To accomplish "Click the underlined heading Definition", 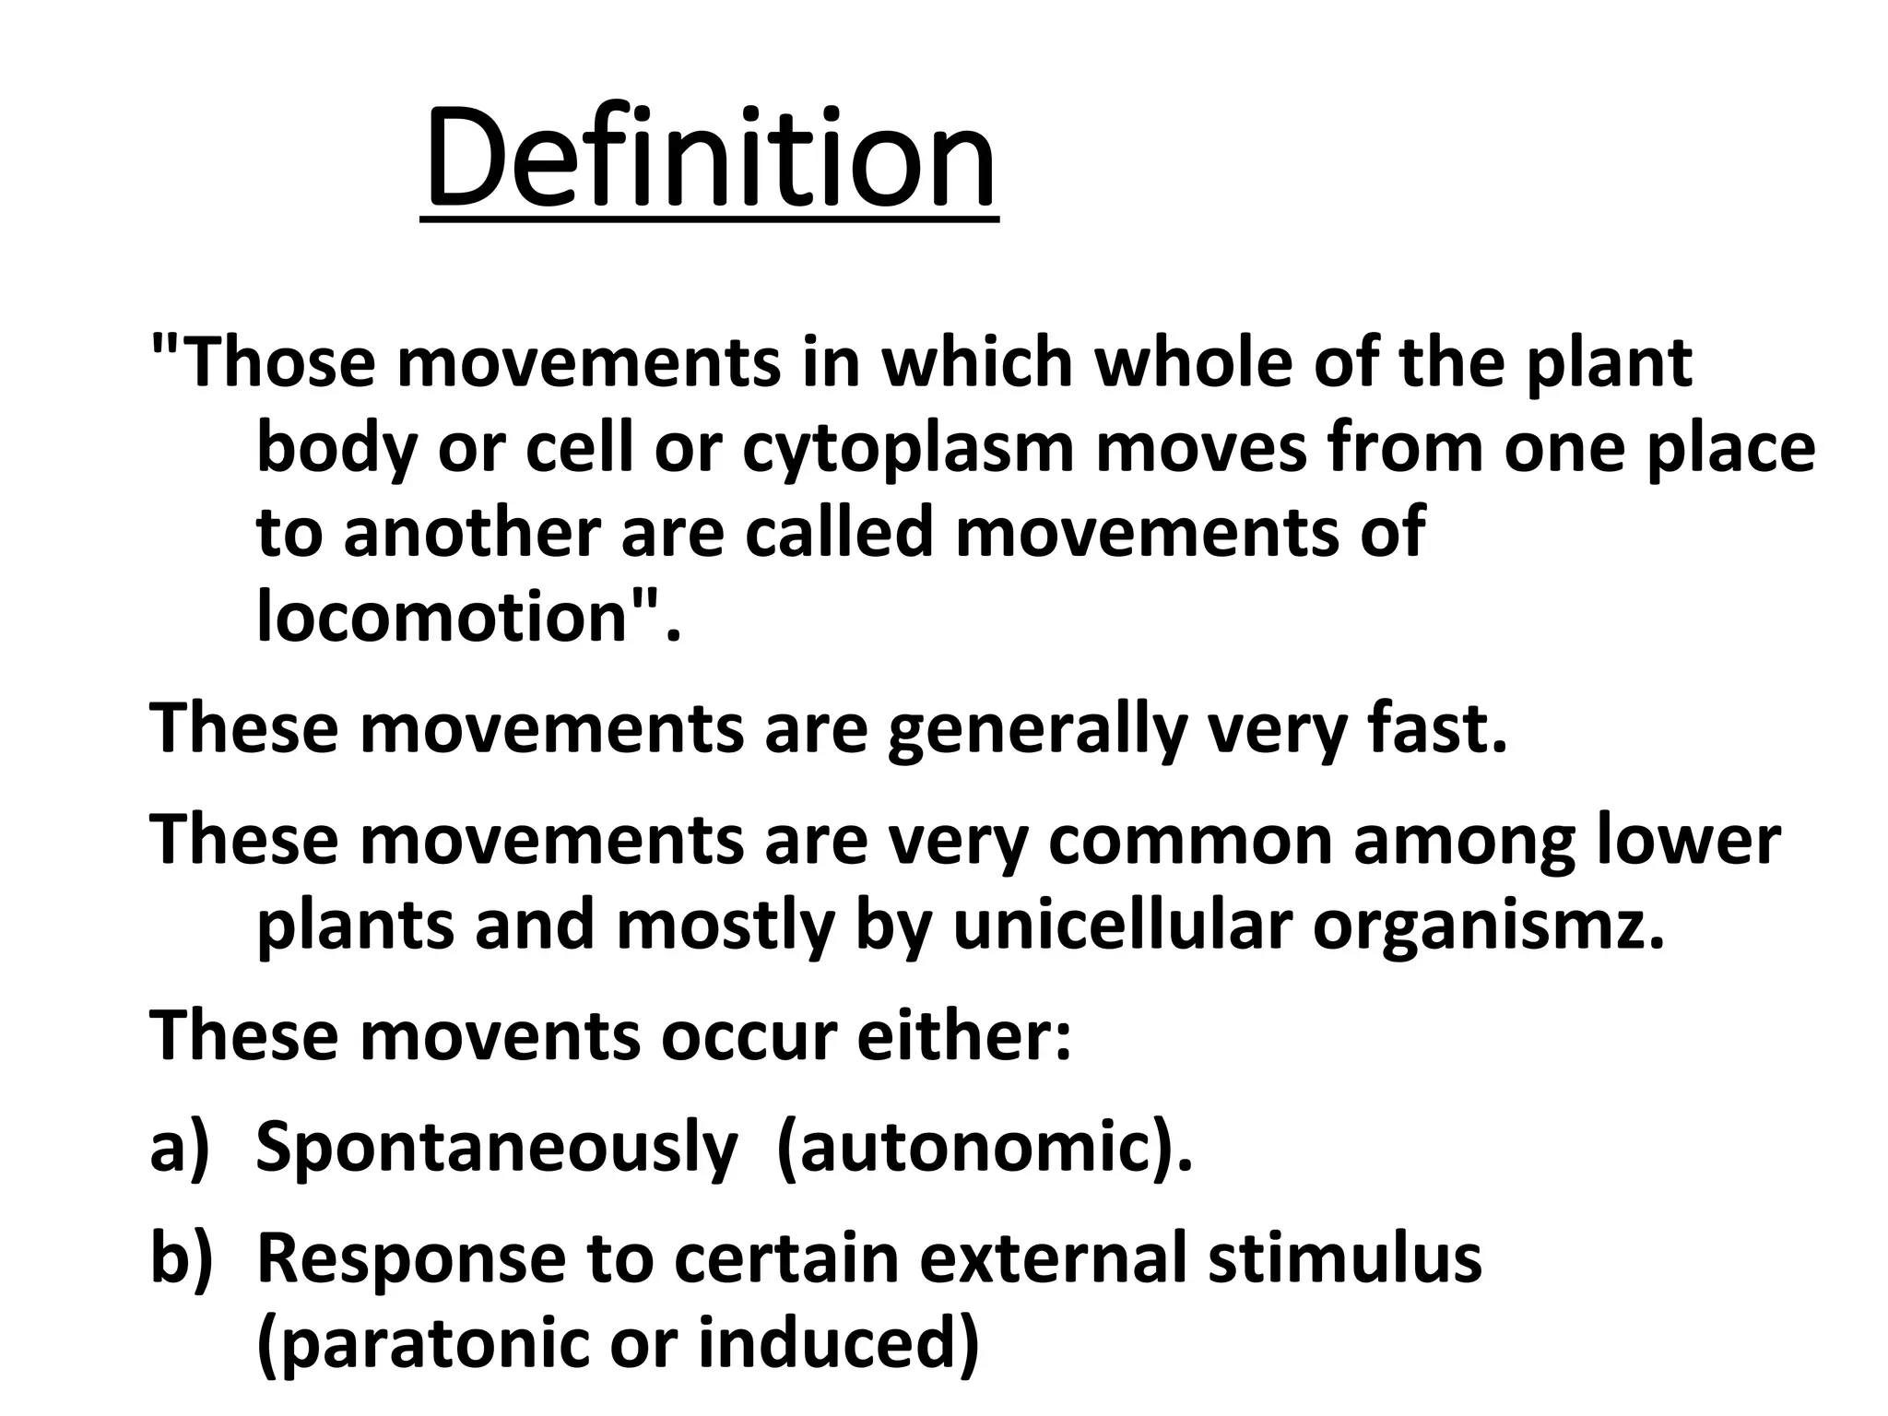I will coord(710,159).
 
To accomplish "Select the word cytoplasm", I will coord(908,449).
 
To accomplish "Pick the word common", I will coord(1190,840).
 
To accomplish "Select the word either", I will coord(963,1036).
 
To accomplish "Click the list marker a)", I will coord(181,1148).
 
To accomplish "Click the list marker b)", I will coord(181,1259).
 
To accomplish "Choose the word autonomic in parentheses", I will coord(974,1149).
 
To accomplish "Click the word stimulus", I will coord(1344,1259).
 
